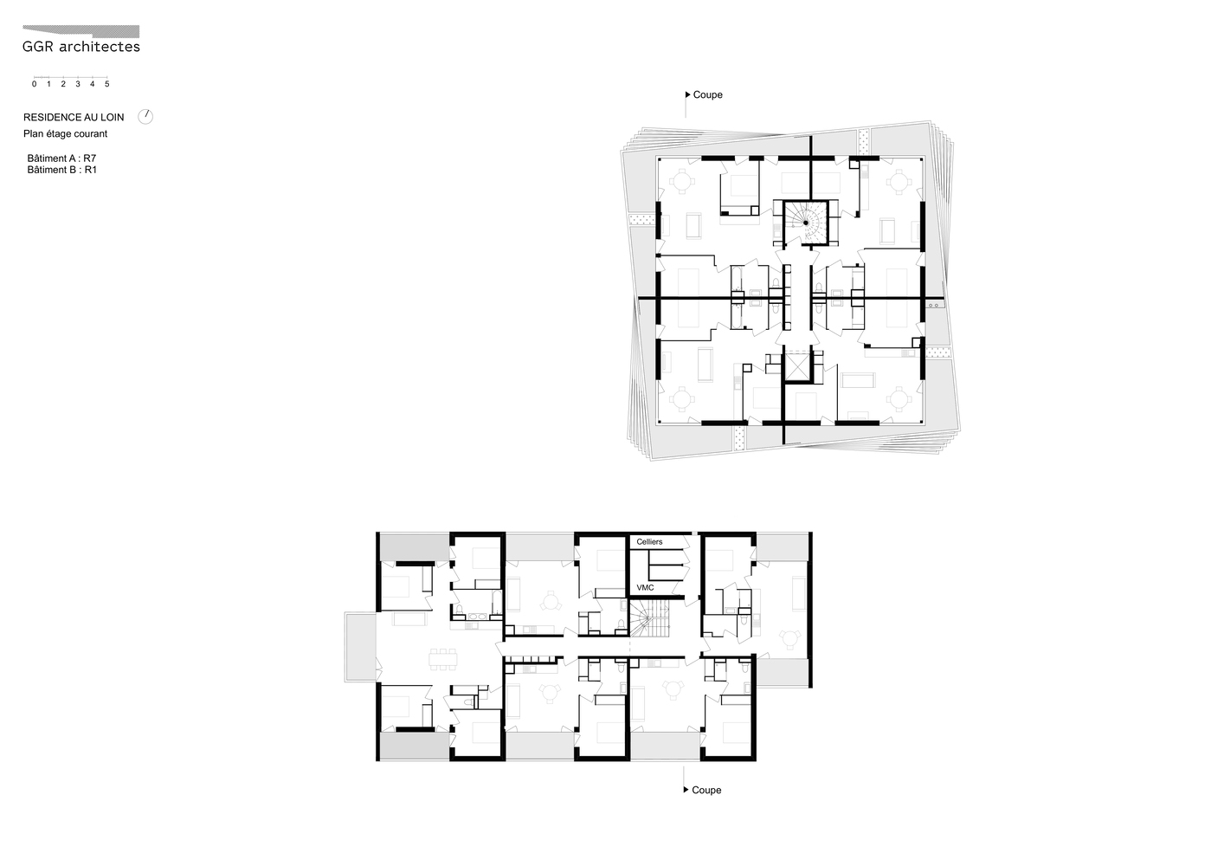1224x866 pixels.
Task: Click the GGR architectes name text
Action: (81, 47)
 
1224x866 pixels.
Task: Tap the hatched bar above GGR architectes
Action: (81, 31)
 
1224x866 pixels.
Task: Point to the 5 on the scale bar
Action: (107, 84)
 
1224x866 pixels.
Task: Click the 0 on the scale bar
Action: (35, 84)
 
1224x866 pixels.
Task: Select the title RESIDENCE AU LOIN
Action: (74, 118)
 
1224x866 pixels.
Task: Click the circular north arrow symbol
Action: (145, 116)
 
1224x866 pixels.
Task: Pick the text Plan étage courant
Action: (65, 134)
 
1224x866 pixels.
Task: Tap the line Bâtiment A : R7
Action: (61, 158)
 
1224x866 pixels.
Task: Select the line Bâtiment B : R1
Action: (61, 170)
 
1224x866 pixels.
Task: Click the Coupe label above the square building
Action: (707, 94)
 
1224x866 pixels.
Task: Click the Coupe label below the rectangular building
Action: (706, 790)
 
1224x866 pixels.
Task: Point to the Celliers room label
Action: (649, 542)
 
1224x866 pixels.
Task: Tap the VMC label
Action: (646, 588)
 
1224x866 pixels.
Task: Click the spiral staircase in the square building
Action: (806, 223)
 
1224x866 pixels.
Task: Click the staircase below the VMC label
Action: (650, 617)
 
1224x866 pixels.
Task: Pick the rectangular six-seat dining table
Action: (443, 659)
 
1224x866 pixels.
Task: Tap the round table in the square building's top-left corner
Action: (681, 181)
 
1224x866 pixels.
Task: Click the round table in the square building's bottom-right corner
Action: (898, 399)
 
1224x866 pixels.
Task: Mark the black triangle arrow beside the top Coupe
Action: (688, 94)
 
